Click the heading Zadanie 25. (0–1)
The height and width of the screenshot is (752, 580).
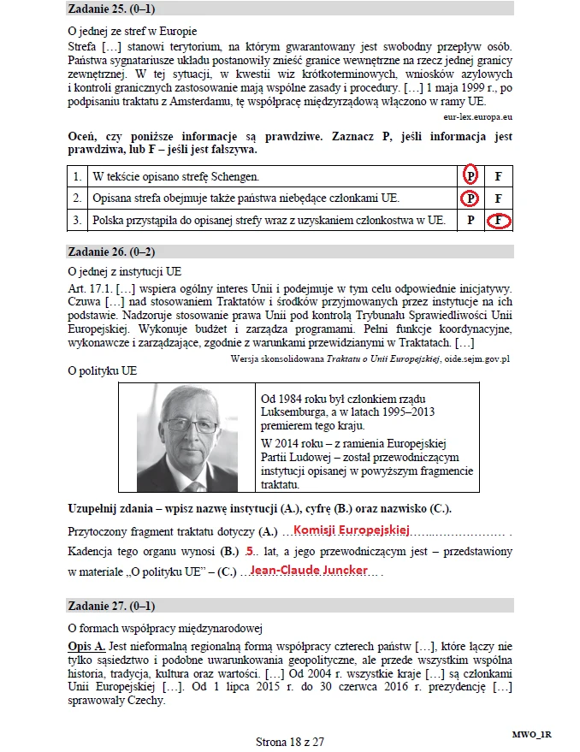(x=115, y=9)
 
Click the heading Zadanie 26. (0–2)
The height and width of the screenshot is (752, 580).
(x=115, y=252)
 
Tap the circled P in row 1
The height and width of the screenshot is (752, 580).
(x=470, y=176)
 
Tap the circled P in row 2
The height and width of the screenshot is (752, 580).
(x=470, y=198)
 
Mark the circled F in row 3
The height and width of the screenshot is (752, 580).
(x=498, y=221)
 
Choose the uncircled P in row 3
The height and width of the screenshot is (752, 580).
(x=470, y=221)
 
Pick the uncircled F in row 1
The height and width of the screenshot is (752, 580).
(x=498, y=176)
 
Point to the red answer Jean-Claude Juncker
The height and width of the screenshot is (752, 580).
(x=309, y=570)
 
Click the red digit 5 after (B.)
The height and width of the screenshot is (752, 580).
(x=250, y=550)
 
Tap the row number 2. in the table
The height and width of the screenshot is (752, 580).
(x=77, y=198)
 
